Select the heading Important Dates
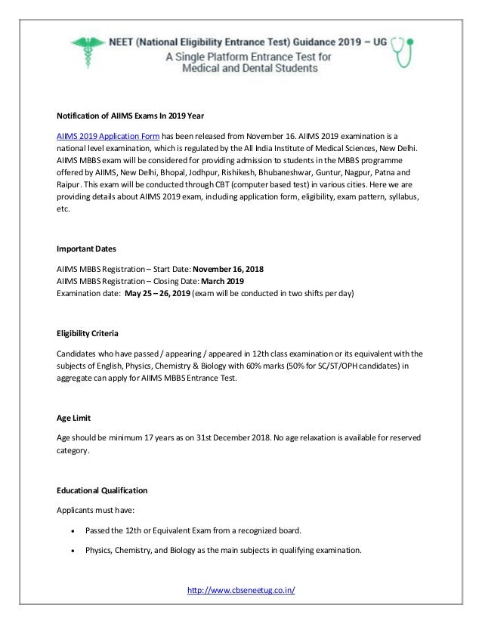[87, 249]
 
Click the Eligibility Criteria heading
[89, 333]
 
